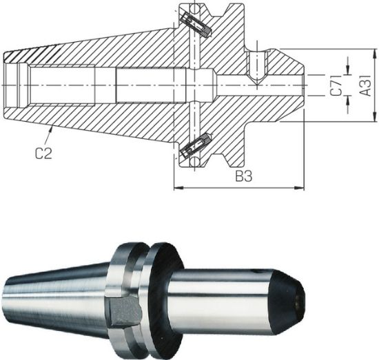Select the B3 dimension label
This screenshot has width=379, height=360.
tap(243, 176)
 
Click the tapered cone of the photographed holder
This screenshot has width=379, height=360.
tap(55, 296)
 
